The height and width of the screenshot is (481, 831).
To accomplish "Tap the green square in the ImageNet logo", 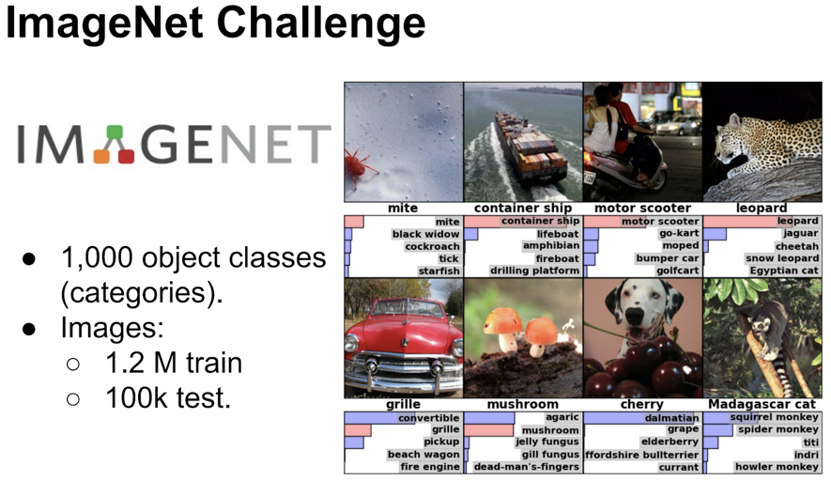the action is (x=115, y=133).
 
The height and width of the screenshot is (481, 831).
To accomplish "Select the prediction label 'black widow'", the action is (x=425, y=234).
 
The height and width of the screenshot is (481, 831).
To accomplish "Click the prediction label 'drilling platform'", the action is (x=534, y=271).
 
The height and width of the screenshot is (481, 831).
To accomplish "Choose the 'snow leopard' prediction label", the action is (x=782, y=258).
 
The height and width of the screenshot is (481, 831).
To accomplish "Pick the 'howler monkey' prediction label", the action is (x=777, y=467).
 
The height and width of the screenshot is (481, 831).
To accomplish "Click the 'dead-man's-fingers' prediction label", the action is (x=526, y=467).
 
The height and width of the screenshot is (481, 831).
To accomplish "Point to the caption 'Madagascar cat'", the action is (x=762, y=404).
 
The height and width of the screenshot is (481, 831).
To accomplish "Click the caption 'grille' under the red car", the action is (x=404, y=404).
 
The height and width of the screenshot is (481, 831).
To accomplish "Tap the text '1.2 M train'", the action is (x=174, y=363).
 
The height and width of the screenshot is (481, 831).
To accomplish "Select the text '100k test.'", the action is (x=168, y=397).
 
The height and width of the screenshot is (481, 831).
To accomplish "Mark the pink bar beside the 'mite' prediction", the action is (x=354, y=222).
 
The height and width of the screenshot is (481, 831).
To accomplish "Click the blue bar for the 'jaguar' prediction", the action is (x=715, y=234).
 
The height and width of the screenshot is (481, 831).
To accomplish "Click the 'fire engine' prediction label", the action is (x=430, y=467).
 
